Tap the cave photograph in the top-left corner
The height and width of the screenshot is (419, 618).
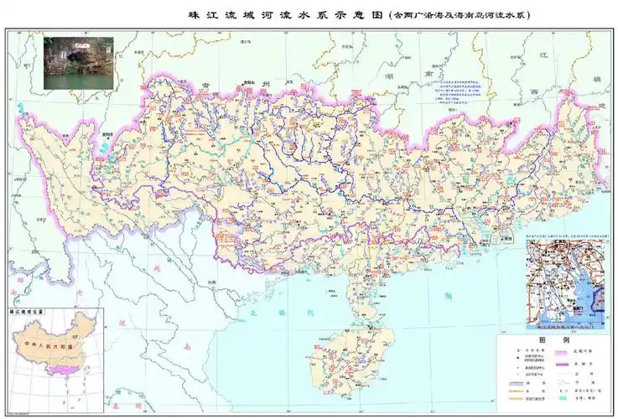point(71,61)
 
